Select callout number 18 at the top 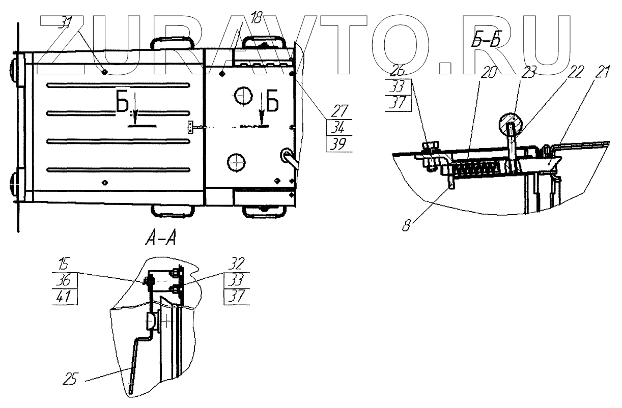pos(256,19)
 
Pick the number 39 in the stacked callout pos(336,144)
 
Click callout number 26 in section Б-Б pos(399,71)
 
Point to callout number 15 pos(64,265)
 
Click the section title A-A pos(159,238)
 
